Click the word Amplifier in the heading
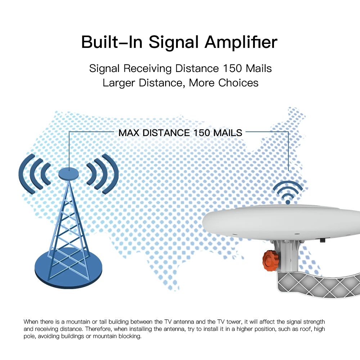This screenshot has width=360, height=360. click(241, 42)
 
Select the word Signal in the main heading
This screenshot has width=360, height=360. click(174, 42)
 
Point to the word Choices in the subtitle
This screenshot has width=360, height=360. click(238, 83)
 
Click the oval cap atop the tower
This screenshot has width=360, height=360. click(68, 174)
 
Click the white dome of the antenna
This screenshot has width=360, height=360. click(288, 220)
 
